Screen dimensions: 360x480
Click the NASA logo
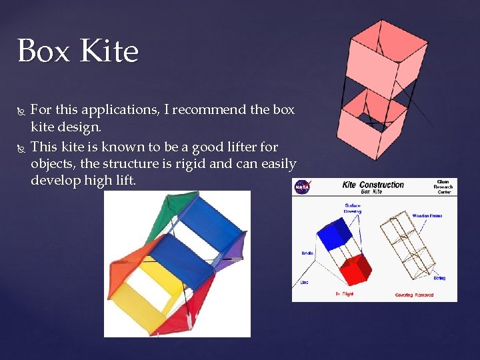click(302, 187)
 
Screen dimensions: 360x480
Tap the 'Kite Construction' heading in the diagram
click(373, 184)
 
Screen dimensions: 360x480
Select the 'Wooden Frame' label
click(427, 216)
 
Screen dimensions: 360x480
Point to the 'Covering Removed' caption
click(414, 295)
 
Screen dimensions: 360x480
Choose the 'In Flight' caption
click(345, 294)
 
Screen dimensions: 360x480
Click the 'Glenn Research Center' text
click(443, 187)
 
